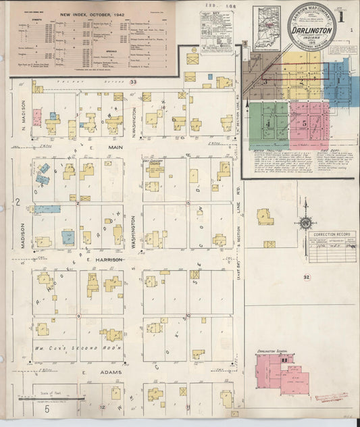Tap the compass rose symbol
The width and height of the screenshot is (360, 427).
pyautogui.click(x=305, y=223)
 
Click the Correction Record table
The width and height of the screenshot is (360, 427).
pyautogui.click(x=334, y=241)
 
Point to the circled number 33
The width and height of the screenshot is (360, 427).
pyautogui.click(x=134, y=82)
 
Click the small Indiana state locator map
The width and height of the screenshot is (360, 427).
pyautogui.click(x=267, y=28)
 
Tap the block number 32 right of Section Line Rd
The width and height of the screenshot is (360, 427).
pyautogui.click(x=306, y=277)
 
